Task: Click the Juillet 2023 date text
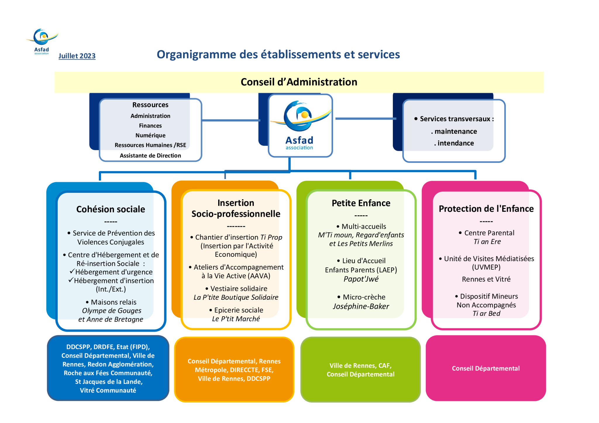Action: click(77, 56)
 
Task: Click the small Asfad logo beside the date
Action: click(42, 41)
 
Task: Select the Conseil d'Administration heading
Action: click(299, 82)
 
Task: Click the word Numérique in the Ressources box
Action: click(150, 135)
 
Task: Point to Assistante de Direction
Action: click(150, 155)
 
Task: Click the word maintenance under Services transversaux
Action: click(456, 131)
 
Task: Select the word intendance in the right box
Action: click(456, 143)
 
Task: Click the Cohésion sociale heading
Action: click(111, 209)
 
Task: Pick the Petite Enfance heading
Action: click(361, 203)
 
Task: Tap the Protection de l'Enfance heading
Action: click(486, 209)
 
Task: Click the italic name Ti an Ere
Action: click(487, 242)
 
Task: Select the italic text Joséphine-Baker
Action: click(361, 306)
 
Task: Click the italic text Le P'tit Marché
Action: click(236, 319)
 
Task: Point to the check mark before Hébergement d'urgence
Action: click(72, 271)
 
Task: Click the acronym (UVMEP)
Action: click(486, 267)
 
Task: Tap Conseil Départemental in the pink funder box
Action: click(486, 368)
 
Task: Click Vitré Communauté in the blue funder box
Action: click(108, 390)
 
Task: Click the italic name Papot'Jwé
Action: click(361, 279)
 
